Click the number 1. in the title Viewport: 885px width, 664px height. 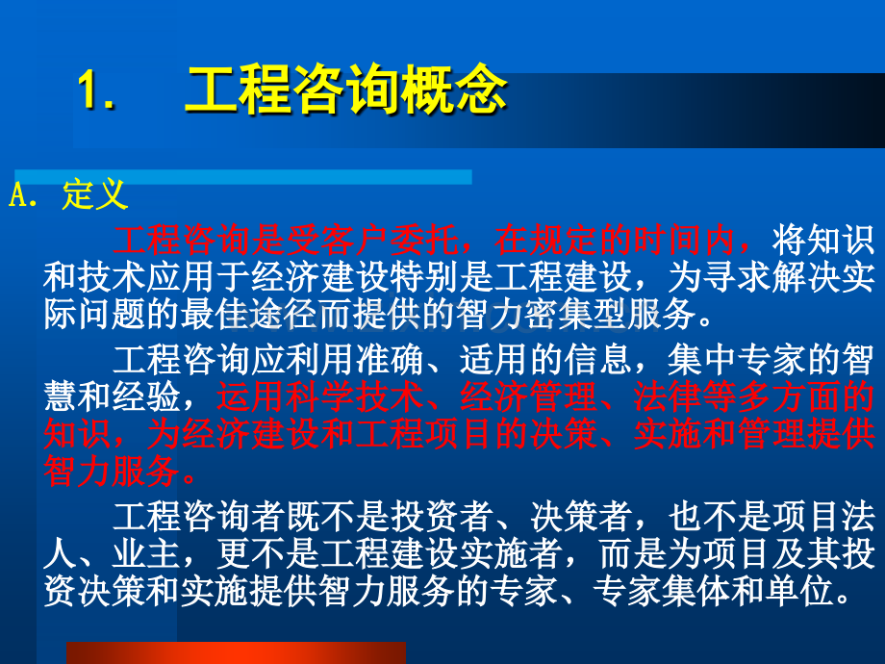coord(95,93)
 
